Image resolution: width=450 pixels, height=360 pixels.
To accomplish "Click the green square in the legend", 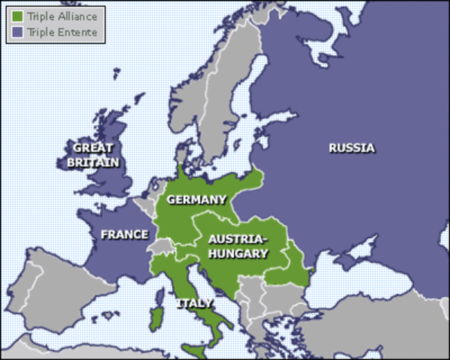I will point(18,14).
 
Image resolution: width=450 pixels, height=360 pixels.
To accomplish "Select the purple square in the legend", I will point(18,32).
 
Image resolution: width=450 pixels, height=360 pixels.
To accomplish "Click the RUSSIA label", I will point(351,148).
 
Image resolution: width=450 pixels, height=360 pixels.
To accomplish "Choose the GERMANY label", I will point(196,199).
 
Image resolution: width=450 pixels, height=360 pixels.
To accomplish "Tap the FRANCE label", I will point(124,235).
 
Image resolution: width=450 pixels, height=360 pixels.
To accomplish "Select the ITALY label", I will point(194,304).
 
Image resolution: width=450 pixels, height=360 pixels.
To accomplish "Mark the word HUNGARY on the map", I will point(238,253).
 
